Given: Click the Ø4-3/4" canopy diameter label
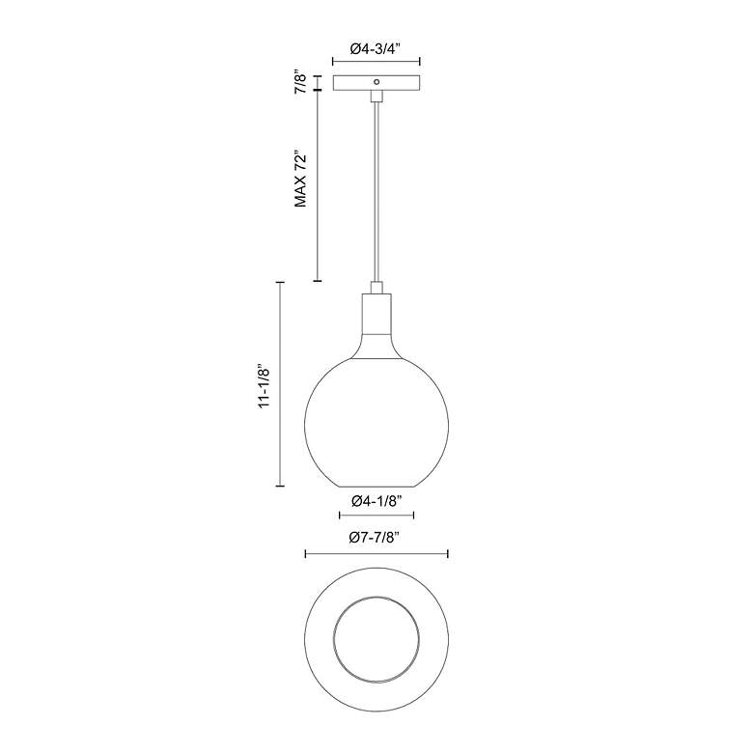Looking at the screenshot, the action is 376,49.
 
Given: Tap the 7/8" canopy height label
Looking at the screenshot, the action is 300,83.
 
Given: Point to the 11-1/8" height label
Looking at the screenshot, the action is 265,385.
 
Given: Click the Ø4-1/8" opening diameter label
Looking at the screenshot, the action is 376,501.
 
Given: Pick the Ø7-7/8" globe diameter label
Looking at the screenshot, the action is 376,538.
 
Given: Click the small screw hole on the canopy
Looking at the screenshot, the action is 376,82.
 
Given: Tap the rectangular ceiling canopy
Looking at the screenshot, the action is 376,83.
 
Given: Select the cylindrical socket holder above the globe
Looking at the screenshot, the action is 376,314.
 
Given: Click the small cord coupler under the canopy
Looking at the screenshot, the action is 376,96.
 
